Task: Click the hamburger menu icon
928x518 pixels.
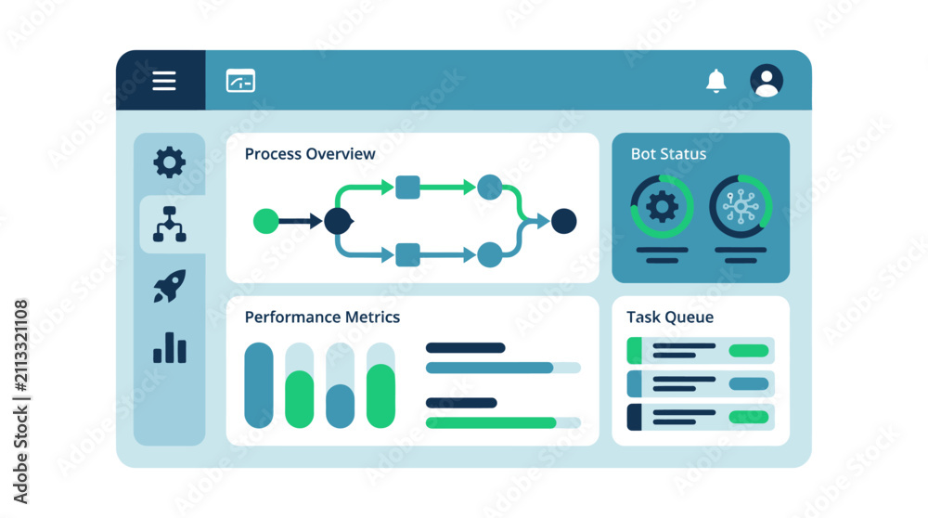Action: pos(164,81)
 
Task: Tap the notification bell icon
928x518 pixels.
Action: pos(716,81)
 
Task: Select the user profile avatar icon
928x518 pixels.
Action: pos(767,81)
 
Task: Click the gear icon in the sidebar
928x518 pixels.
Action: pos(169,162)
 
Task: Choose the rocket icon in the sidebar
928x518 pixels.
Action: pos(170,286)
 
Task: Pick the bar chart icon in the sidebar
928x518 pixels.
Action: pos(170,347)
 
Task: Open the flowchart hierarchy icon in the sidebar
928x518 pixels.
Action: pos(170,225)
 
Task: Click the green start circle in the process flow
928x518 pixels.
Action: pos(265,221)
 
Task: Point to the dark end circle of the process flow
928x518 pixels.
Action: pos(564,221)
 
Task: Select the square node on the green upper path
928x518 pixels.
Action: pos(407,188)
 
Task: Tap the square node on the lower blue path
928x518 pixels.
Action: pos(407,255)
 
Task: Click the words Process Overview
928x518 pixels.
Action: pos(310,154)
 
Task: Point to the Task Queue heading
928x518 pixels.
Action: pos(670,317)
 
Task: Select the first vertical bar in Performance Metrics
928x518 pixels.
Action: pos(259,385)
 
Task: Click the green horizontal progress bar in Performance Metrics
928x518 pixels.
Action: pos(491,422)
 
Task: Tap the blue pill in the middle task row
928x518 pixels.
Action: pos(749,384)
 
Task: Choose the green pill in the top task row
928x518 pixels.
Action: pos(749,351)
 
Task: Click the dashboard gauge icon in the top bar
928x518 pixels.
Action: pos(241,81)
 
